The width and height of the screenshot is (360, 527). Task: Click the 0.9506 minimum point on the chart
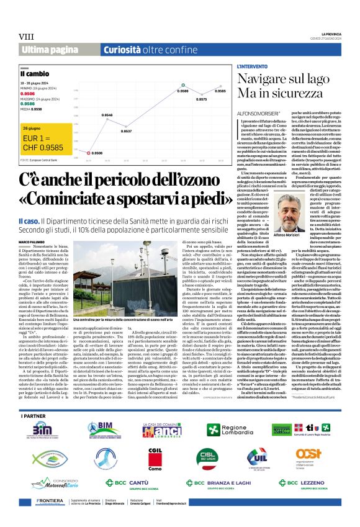pyautogui.click(x=89, y=153)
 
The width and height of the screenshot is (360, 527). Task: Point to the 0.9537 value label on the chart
pyautogui.click(x=127, y=132)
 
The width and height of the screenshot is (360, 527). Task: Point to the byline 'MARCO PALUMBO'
pyautogui.click(x=32, y=223)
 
